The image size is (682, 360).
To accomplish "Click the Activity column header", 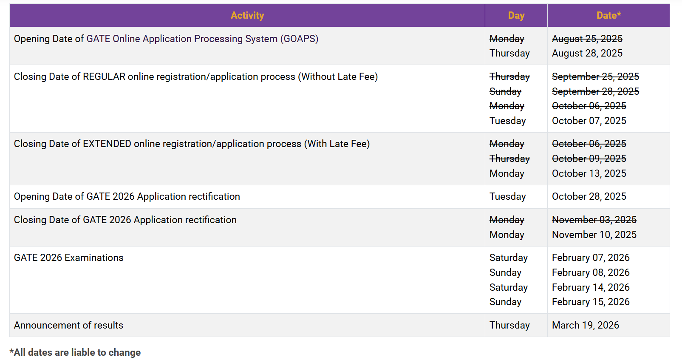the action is [x=247, y=15].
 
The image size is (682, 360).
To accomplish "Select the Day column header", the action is [x=516, y=15].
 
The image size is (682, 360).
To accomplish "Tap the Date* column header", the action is [x=608, y=15].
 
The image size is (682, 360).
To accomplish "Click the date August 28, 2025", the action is [x=587, y=53].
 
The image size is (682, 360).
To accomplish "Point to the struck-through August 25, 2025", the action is [x=587, y=39].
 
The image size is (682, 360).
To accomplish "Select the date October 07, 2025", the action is [x=589, y=121].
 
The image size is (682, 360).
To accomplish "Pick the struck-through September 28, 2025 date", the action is [x=595, y=91].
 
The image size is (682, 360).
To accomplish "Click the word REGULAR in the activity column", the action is [x=104, y=77].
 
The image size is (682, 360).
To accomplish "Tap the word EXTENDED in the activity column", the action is [x=107, y=144].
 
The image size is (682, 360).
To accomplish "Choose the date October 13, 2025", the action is [x=589, y=173].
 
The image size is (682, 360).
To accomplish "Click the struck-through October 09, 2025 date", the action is [x=589, y=159].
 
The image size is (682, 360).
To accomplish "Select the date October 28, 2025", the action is [x=589, y=196].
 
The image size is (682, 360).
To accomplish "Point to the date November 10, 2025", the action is [x=594, y=235].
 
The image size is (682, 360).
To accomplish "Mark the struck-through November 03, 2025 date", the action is [x=594, y=220].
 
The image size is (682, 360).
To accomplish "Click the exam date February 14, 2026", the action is [x=591, y=287].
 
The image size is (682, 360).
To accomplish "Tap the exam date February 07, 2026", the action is [x=591, y=258].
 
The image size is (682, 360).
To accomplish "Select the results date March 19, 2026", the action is [x=585, y=325].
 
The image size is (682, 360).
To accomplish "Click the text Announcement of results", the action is [x=68, y=325].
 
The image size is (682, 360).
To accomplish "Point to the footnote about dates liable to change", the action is [x=75, y=352].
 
